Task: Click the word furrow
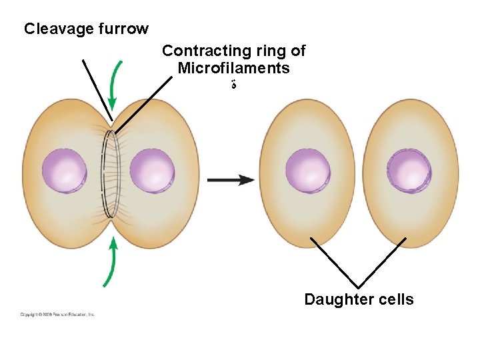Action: tap(122, 29)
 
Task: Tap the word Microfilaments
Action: tap(233, 68)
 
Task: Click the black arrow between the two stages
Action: tap(230, 180)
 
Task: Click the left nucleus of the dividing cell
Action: tap(64, 171)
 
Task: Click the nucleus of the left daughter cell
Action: tap(307, 171)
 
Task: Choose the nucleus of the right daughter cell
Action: tap(409, 171)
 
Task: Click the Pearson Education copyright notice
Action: tap(57, 314)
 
